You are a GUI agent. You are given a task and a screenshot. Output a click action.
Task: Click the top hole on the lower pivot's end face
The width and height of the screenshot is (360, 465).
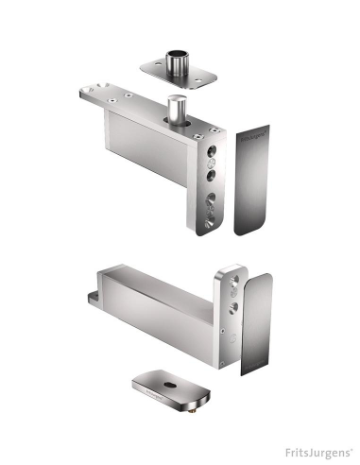[230, 280]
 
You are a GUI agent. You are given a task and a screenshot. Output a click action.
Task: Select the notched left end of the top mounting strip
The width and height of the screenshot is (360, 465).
[82, 95]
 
